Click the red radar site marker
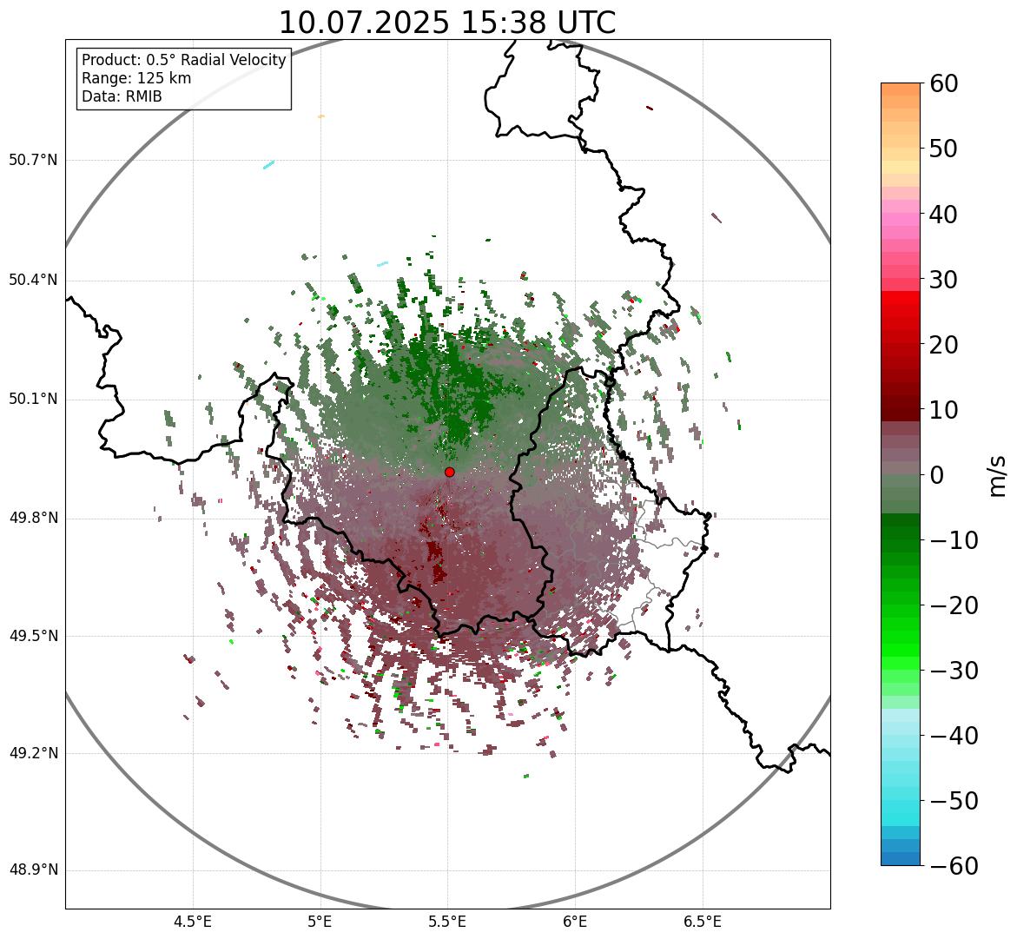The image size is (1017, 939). pyautogui.click(x=449, y=472)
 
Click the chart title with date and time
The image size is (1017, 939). pyautogui.click(x=446, y=23)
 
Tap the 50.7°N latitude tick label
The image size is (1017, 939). pyautogui.click(x=33, y=160)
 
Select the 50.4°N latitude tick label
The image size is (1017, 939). pyautogui.click(x=33, y=280)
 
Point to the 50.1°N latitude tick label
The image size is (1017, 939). pyautogui.click(x=33, y=400)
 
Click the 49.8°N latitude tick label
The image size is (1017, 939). pyautogui.click(x=33, y=519)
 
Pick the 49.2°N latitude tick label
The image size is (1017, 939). pyautogui.click(x=33, y=753)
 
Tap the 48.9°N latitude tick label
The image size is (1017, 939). pyautogui.click(x=33, y=870)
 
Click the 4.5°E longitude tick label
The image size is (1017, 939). pyautogui.click(x=193, y=922)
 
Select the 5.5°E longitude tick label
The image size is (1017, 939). pyautogui.click(x=447, y=922)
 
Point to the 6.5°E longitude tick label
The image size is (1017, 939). pyautogui.click(x=702, y=922)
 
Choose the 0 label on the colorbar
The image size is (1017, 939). pyautogui.click(x=937, y=475)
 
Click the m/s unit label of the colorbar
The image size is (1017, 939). pyautogui.click(x=999, y=475)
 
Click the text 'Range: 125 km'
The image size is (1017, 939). pyautogui.click(x=136, y=78)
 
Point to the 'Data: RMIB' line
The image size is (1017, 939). pyautogui.click(x=122, y=96)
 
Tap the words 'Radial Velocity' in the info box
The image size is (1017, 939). pyautogui.click(x=234, y=60)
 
